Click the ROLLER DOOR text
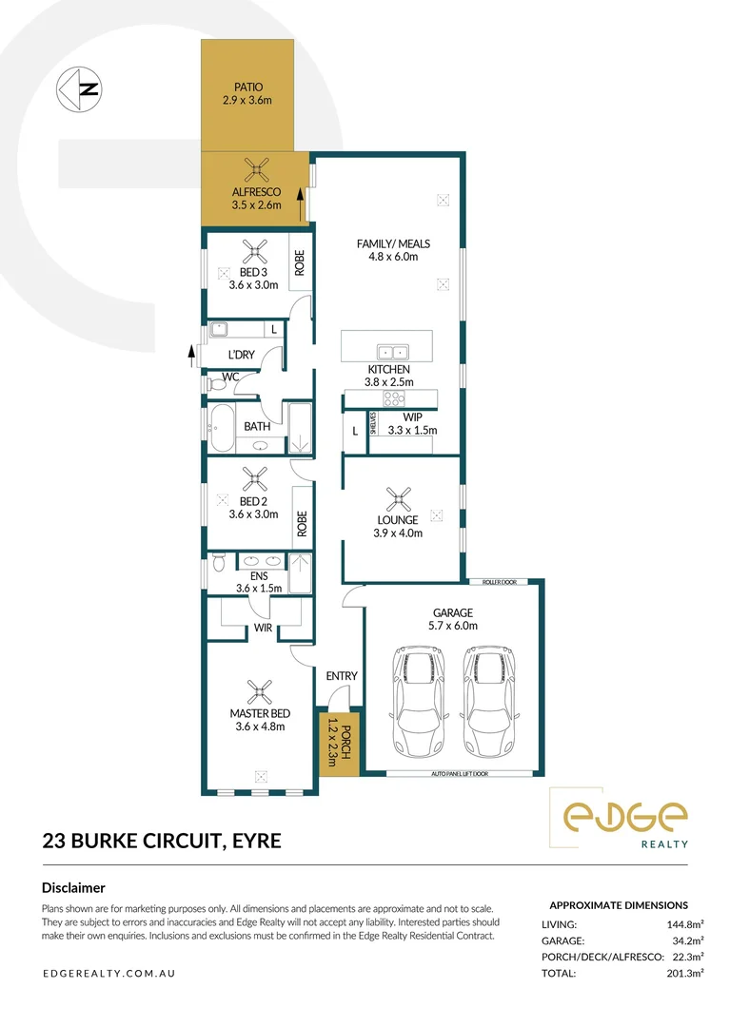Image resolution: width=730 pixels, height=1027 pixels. coord(499,581)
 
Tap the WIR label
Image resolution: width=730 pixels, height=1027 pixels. coord(263,629)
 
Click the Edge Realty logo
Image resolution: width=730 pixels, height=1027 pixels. coord(626,819)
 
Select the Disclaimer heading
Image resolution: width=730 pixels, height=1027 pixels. coord(73,887)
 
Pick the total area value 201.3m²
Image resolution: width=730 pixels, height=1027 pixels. coord(664,974)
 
